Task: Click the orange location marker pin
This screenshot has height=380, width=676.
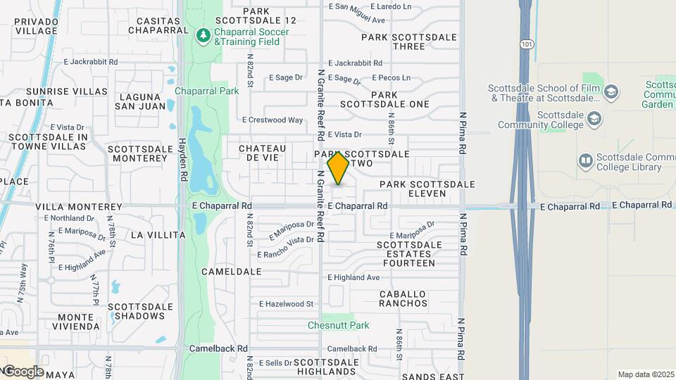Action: click(339, 167)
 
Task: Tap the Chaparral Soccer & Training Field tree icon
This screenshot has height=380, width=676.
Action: click(204, 34)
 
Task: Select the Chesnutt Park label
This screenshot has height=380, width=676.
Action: click(339, 325)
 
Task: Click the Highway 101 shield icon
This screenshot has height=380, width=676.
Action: click(527, 44)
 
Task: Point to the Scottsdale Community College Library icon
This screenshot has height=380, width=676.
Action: click(586, 162)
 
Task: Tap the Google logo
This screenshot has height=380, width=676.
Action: click(23, 372)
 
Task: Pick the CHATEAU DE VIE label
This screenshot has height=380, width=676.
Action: click(263, 153)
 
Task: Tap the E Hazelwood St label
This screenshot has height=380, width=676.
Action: click(286, 304)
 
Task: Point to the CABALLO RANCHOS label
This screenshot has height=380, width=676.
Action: click(403, 298)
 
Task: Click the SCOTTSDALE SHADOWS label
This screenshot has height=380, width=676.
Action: click(140, 311)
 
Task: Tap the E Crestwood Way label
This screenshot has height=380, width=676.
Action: click(273, 120)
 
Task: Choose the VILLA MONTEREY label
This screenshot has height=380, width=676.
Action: click(79, 207)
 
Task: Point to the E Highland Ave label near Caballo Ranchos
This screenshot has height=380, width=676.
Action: click(353, 278)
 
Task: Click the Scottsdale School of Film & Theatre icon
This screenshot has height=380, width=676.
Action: click(611, 91)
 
